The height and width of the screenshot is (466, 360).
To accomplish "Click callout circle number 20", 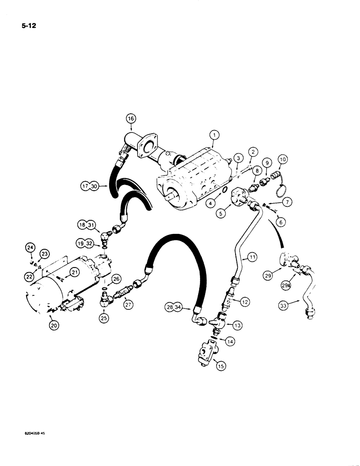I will coord(54,326).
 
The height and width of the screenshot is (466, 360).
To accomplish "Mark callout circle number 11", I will coord(252,257).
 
